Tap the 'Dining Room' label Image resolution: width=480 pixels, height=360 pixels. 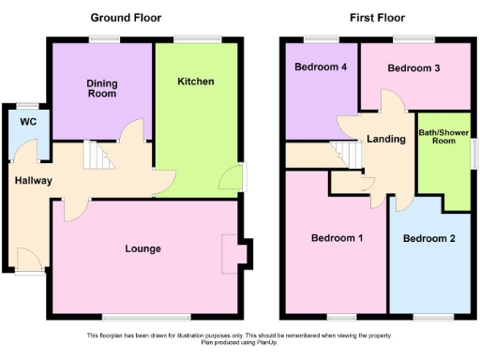102,89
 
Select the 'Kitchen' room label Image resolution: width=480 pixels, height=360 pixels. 196,82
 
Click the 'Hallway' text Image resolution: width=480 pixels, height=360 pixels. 33,180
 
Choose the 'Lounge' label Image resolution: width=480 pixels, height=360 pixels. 142,248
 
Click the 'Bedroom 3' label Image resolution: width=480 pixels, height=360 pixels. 413,68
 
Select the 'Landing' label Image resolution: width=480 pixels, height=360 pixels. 386,139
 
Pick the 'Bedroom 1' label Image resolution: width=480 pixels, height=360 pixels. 337,238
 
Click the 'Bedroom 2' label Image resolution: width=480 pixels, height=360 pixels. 428,238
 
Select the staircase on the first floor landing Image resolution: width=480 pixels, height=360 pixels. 347,154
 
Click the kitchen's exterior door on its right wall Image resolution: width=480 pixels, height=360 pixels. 233,177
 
